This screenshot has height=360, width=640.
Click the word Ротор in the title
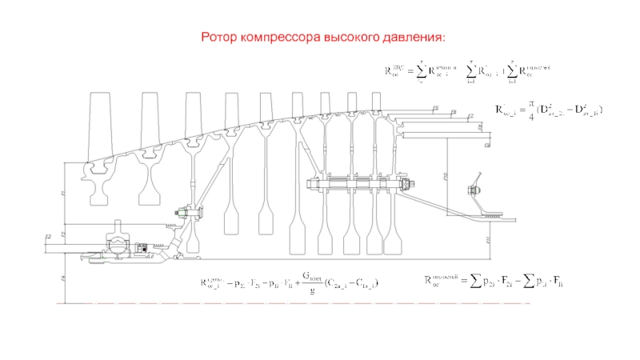click(218, 37)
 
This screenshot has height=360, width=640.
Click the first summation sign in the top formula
click(420, 72)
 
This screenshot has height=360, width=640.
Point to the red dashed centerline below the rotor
click(320, 305)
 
